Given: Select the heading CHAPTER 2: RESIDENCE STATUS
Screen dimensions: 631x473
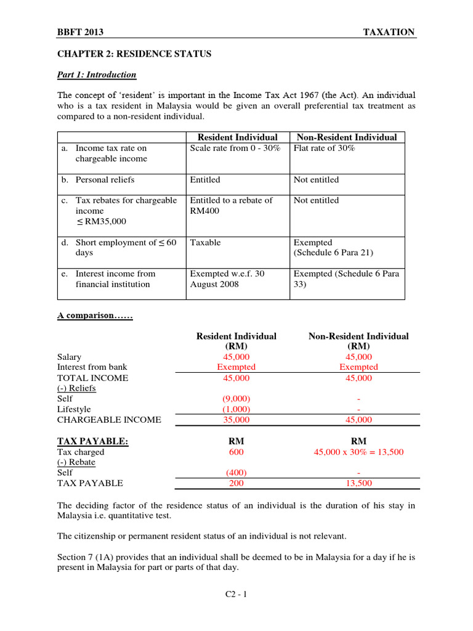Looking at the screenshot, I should (x=134, y=54).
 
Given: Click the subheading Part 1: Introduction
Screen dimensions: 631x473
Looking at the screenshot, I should (x=97, y=75).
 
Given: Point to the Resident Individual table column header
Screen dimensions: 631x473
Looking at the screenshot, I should (x=237, y=137).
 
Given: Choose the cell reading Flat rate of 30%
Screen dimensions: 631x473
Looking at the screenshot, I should (x=325, y=149).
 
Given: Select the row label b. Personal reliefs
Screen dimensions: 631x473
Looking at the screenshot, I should (x=98, y=180).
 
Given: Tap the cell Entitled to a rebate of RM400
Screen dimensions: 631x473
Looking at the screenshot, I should (x=231, y=205).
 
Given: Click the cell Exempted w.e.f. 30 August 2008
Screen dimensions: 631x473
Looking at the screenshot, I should (x=227, y=279).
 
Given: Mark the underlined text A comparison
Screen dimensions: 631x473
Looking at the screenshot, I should (x=95, y=315).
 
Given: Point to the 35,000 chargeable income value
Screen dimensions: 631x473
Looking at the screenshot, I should (x=236, y=420).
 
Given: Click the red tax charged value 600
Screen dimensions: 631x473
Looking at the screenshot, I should (x=236, y=452).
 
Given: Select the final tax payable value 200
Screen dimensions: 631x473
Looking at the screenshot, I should (x=236, y=483).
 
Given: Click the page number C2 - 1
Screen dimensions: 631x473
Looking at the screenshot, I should (x=236, y=595).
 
